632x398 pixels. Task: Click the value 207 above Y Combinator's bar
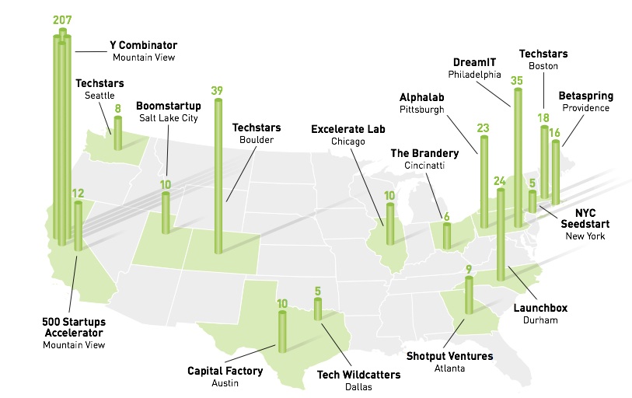(62, 19)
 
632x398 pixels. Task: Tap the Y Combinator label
(144, 45)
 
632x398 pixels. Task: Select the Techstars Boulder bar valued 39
(218, 176)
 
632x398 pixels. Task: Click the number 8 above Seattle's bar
(117, 109)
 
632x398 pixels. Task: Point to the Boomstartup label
(169, 106)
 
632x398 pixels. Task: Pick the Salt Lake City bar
(166, 213)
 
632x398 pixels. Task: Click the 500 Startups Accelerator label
(74, 327)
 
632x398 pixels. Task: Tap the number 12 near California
(79, 193)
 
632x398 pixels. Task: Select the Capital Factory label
(225, 371)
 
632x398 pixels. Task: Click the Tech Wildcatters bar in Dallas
(318, 309)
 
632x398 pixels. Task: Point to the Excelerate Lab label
(348, 129)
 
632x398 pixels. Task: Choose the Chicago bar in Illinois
(389, 224)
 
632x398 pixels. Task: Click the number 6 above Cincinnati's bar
(446, 217)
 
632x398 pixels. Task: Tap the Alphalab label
(421, 97)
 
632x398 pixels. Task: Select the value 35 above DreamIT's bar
(517, 81)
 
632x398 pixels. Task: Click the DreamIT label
(474, 62)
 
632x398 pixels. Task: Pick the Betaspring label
(586, 96)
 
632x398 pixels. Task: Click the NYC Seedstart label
(585, 218)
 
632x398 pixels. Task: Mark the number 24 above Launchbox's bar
(500, 181)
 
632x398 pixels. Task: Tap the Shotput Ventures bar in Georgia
(469, 295)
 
